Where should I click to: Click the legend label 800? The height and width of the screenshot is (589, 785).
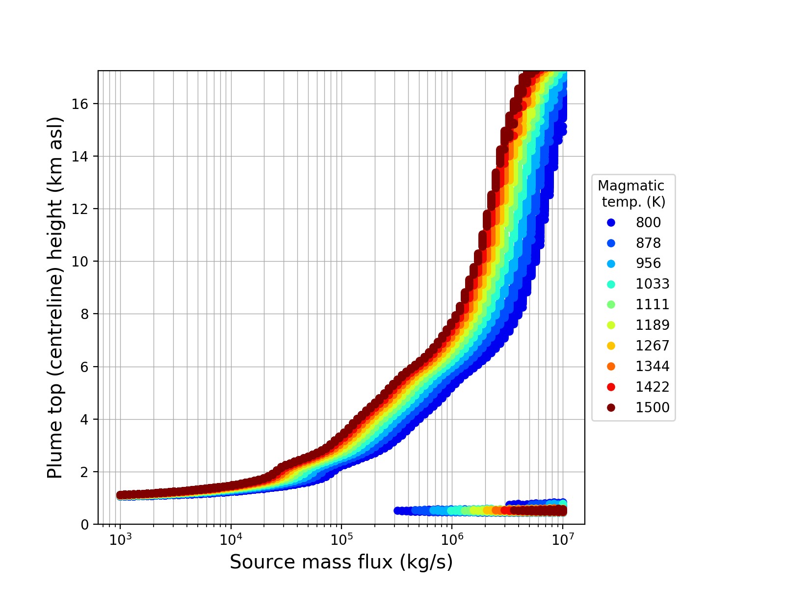click(648, 222)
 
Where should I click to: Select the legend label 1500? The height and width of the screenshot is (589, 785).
click(653, 407)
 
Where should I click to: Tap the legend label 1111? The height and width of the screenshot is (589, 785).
click(653, 304)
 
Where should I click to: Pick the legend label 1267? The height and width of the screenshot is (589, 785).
click(653, 346)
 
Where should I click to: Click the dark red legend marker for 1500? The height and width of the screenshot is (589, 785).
click(611, 407)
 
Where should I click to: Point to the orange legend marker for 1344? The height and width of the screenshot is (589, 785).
click(611, 366)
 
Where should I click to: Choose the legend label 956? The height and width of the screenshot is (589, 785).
click(648, 263)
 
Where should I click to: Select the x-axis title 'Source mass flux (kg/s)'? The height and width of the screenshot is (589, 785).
click(341, 562)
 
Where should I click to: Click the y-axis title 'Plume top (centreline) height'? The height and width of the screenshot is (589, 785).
click(55, 297)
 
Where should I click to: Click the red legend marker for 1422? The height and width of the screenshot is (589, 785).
click(611, 387)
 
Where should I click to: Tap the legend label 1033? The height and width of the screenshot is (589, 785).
click(653, 284)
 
